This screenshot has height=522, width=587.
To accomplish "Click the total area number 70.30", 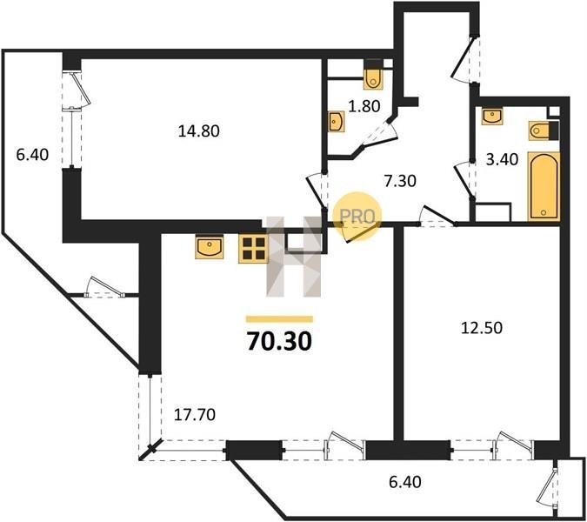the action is (279, 342).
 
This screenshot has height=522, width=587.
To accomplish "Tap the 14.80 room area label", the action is (198, 131).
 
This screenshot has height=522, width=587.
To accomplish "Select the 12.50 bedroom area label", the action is (482, 328).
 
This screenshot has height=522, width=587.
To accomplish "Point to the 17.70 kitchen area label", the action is (195, 414).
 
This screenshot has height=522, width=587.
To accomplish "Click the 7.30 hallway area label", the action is (401, 181).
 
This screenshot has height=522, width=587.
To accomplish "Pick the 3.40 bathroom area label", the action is (502, 159).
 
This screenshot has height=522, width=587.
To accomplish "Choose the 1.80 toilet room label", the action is (364, 106).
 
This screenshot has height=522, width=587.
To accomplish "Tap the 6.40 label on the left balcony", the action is (32, 154).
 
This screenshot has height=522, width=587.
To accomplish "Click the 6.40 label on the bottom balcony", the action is (405, 482).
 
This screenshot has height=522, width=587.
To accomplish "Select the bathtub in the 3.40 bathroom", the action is (544, 186).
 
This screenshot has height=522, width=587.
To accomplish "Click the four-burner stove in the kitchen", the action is (253, 249).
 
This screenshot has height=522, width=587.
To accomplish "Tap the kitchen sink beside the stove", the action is (210, 247).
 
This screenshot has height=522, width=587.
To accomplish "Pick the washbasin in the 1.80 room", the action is (337, 122).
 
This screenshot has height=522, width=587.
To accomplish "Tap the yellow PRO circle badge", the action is (357, 216).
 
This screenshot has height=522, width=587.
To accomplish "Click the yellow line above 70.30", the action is (279, 319).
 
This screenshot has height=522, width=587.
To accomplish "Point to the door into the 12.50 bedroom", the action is (437, 217).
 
